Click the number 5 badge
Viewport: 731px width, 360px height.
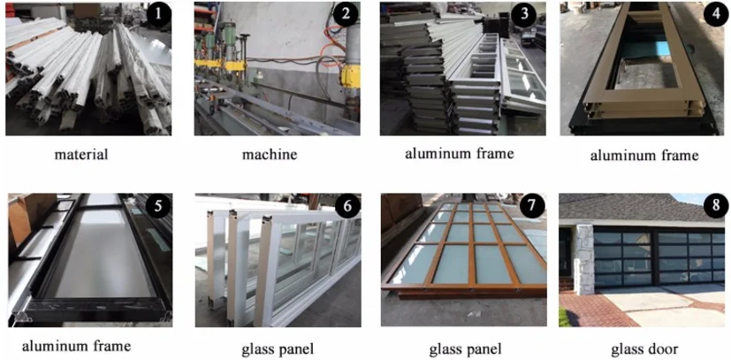158,206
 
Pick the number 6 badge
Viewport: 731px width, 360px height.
346,206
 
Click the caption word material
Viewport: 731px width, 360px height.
80,154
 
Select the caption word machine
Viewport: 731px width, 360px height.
269,154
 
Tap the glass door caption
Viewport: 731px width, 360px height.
644,349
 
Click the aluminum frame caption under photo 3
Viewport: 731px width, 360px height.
460,153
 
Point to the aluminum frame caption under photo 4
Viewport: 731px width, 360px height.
644,155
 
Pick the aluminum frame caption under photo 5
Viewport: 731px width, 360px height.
76,346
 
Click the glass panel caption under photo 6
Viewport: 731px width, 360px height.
278,349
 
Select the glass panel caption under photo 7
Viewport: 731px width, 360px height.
465,349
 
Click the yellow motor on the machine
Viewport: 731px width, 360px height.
350,75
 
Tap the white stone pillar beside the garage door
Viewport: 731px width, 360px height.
583,259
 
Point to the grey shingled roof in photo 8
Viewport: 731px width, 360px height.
639,208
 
